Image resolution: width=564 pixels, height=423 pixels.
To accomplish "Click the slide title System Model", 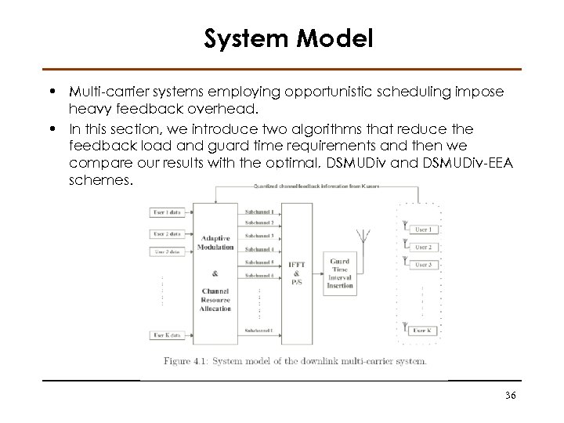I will [x=288, y=38].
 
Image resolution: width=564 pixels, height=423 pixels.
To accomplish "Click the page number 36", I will [x=511, y=396].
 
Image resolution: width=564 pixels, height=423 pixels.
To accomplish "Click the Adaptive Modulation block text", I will [x=215, y=242].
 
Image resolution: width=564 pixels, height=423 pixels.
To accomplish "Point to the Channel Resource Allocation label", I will [x=215, y=300].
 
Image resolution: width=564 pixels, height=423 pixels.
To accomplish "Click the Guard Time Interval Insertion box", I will [x=340, y=274].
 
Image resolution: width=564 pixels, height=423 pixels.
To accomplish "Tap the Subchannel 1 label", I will [x=259, y=212].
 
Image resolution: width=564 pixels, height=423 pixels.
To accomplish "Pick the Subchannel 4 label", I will [x=259, y=250].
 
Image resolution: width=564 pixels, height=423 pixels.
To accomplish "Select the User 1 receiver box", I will [x=424, y=229].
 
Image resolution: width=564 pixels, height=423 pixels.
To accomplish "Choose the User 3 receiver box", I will [x=424, y=265].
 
